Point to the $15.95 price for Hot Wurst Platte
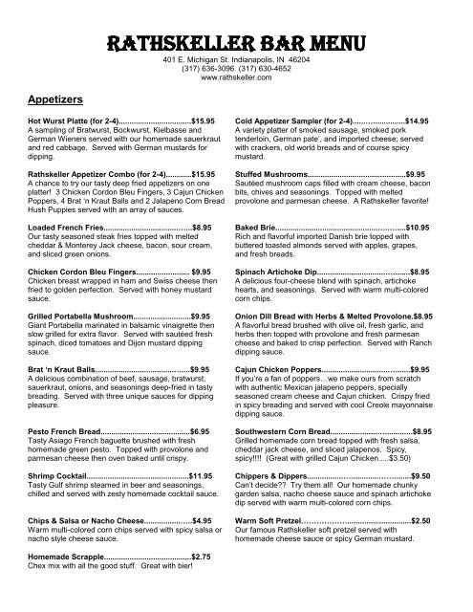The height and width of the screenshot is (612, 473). click(205, 122)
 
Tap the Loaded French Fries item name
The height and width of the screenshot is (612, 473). click(67, 228)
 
